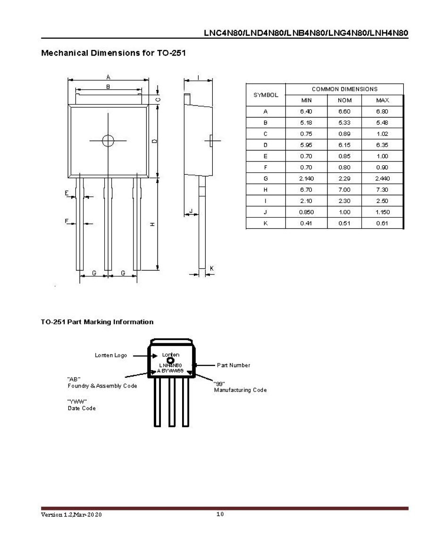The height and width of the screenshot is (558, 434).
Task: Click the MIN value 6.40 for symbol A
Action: pyautogui.click(x=307, y=112)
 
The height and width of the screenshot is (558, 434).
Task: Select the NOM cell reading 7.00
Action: pyautogui.click(x=344, y=190)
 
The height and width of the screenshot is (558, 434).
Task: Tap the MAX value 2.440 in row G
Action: pyautogui.click(x=383, y=178)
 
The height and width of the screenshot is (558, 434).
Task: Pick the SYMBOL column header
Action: pyautogui.click(x=266, y=95)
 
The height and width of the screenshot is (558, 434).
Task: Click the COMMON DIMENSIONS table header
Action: pyautogui.click(x=344, y=89)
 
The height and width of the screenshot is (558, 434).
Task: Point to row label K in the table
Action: pyautogui.click(x=266, y=223)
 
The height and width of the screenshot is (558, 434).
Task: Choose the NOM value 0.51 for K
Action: pyautogui.click(x=344, y=223)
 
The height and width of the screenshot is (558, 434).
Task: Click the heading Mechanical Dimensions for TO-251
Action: pyautogui.click(x=113, y=53)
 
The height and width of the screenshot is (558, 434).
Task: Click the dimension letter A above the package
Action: pyautogui.click(x=108, y=77)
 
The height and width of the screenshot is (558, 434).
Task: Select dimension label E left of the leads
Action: pyautogui.click(x=67, y=193)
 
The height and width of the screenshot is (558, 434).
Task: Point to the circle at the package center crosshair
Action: pyautogui.click(x=108, y=140)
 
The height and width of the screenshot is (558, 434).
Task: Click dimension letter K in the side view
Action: pyautogui.click(x=212, y=268)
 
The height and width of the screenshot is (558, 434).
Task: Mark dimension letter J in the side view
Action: pyautogui.click(x=191, y=210)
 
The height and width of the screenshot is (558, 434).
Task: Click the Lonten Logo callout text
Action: pyautogui.click(x=111, y=355)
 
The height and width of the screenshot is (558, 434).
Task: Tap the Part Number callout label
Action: pyautogui.click(x=234, y=365)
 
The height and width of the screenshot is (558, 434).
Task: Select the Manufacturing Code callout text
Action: pyautogui.click(x=240, y=390)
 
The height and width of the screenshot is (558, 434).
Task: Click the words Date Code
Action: pyautogui.click(x=82, y=408)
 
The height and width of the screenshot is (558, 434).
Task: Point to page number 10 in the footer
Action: pyautogui.click(x=220, y=514)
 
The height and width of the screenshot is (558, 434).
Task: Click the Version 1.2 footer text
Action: pyautogui.click(x=71, y=515)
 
